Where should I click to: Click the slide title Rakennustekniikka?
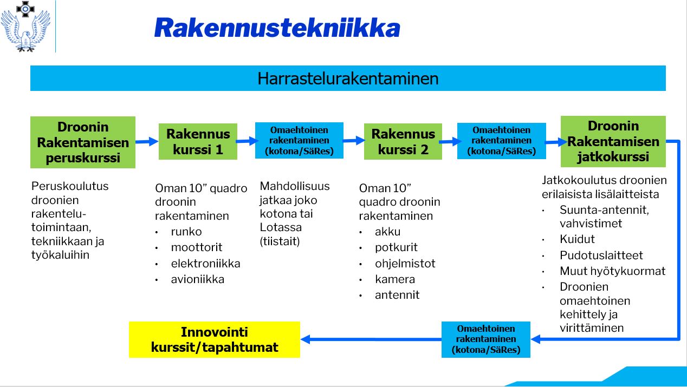(x=277, y=28)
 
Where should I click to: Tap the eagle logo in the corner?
(x=25, y=27)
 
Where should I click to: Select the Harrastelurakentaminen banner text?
(x=348, y=78)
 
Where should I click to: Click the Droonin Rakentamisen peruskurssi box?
(x=83, y=142)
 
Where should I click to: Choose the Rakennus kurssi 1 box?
(x=198, y=142)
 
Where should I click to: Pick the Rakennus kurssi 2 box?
(x=403, y=142)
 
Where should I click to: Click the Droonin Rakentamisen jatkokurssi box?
(x=613, y=142)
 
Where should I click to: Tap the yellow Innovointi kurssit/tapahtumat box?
(x=215, y=339)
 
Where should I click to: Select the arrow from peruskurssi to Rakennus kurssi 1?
(x=147, y=142)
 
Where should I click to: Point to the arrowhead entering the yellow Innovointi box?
(x=305, y=339)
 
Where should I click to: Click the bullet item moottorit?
(x=197, y=247)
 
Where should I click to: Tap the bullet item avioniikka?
(x=198, y=279)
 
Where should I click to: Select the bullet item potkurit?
(x=396, y=247)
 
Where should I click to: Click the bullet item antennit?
(x=397, y=295)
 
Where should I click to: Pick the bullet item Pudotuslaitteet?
(x=601, y=255)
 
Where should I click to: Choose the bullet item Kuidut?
(x=577, y=239)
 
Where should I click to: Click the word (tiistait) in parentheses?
(x=280, y=241)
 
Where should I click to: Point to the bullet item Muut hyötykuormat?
(x=612, y=271)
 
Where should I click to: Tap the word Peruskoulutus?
(x=70, y=186)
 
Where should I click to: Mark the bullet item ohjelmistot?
(x=405, y=264)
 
